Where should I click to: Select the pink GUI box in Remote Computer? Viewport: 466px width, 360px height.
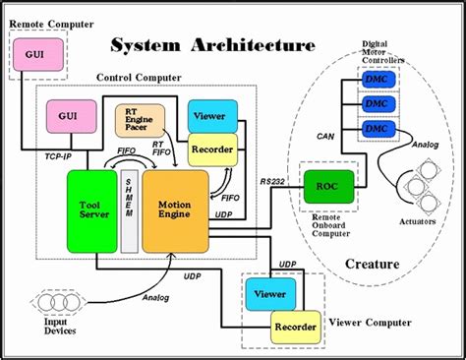click(34, 54)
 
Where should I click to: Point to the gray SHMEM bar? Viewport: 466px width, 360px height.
click(129, 210)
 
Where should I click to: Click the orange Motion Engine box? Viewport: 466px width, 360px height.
click(175, 210)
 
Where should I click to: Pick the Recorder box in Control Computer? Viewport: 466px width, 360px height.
click(212, 149)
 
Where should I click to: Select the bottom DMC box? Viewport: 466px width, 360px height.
click(377, 129)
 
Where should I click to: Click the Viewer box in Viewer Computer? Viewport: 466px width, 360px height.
click(269, 292)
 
